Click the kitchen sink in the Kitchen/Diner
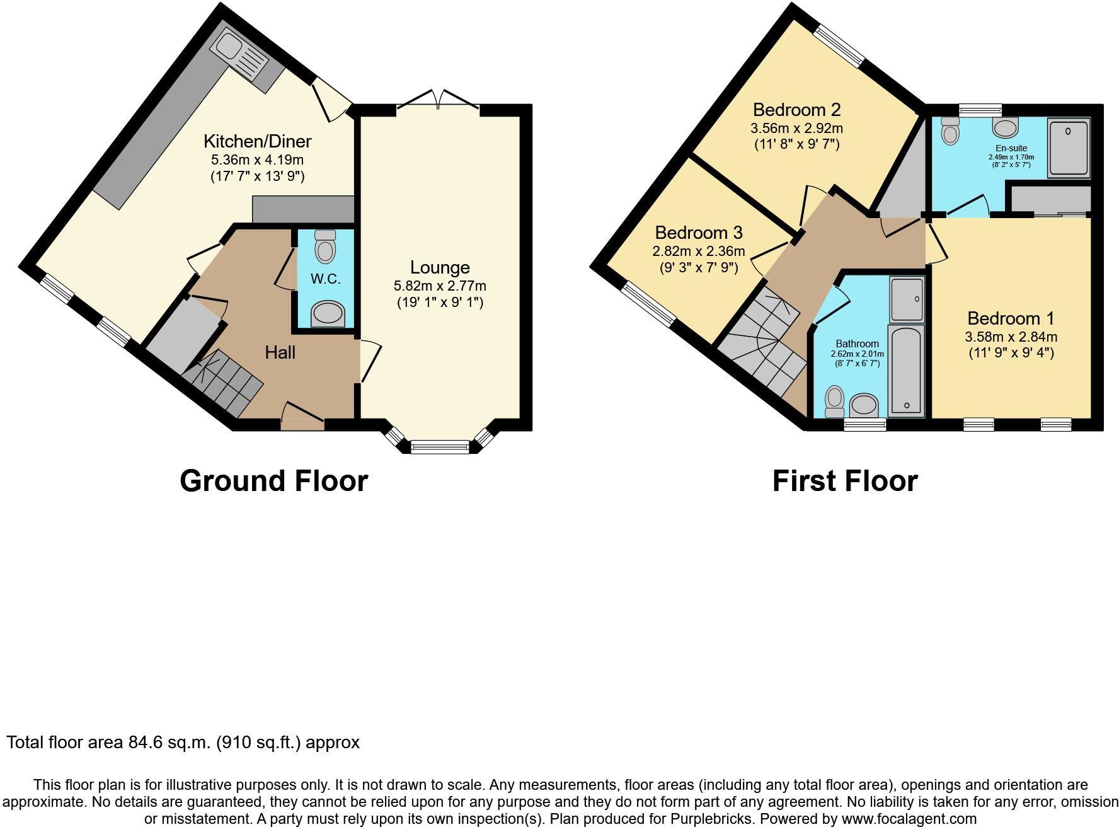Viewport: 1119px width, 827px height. pos(243,57)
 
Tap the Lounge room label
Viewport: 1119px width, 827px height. pos(440,267)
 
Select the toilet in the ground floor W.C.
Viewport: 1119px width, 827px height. pos(325,246)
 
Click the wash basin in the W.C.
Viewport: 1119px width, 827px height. pos(328,313)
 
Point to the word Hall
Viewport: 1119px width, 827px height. pos(280,352)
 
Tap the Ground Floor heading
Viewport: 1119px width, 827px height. pos(273,481)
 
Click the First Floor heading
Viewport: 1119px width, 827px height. pos(844,481)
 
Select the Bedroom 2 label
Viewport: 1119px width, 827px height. pos(796,110)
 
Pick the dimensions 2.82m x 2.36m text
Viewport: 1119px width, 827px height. pos(698,251)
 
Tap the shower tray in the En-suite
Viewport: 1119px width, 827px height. pos(1068,149)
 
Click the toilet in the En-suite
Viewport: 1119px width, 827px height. pos(950,132)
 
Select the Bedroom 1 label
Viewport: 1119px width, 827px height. pos(1011,318)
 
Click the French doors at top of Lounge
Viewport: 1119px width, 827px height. pos(439,100)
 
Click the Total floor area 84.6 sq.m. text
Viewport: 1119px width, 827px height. pos(183,743)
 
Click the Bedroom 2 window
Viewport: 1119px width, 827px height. pos(839,45)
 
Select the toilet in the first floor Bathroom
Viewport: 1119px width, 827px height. pos(835,401)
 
